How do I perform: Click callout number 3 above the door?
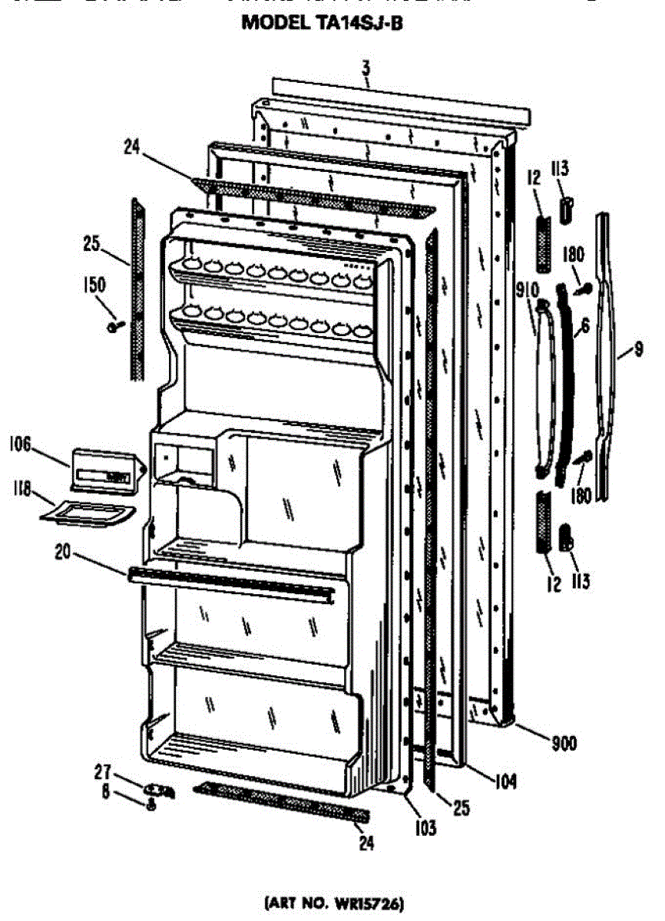(366, 72)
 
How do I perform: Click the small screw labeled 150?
(115, 327)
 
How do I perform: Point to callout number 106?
(22, 444)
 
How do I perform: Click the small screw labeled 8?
(151, 804)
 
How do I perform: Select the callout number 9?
(639, 352)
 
